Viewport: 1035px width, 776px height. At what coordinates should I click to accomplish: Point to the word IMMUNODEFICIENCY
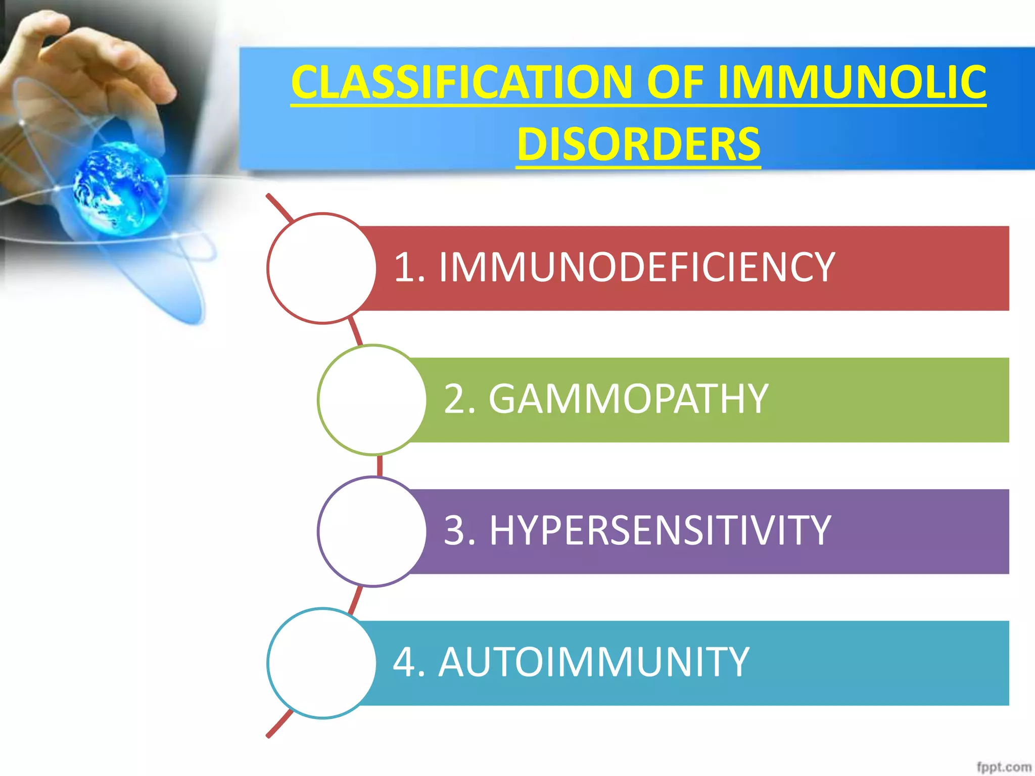click(x=636, y=267)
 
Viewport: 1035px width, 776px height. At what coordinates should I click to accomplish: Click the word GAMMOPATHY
click(x=628, y=399)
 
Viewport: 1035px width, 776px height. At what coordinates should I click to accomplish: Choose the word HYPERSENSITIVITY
click(x=660, y=530)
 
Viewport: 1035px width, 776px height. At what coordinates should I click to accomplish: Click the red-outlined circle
click(x=322, y=268)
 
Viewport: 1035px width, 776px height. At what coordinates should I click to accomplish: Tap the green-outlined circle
click(x=372, y=400)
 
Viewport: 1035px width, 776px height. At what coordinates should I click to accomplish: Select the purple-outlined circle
click(x=372, y=531)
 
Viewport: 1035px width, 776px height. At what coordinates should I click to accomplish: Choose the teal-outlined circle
click(x=322, y=663)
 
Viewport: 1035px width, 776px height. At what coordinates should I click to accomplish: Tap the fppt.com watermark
click(x=1003, y=767)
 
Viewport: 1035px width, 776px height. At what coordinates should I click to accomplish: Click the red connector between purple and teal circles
click(x=356, y=599)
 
